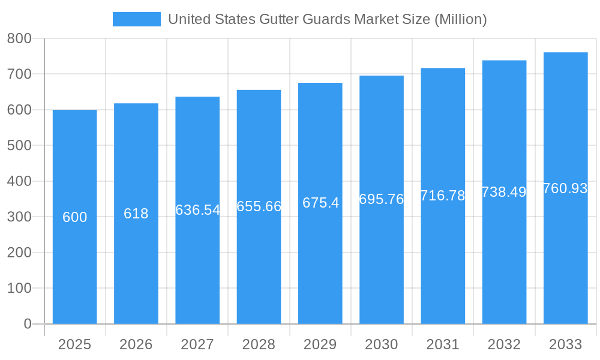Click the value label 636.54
197,210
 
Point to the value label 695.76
382,199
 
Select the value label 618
136,214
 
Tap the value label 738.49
504,192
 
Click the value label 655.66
259,206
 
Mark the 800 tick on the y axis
19,38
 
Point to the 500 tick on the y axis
19,145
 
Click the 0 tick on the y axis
27,324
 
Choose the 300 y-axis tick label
19,217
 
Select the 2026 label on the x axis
136,344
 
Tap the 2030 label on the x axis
382,344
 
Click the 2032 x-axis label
504,344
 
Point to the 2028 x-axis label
259,344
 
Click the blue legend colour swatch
137,19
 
